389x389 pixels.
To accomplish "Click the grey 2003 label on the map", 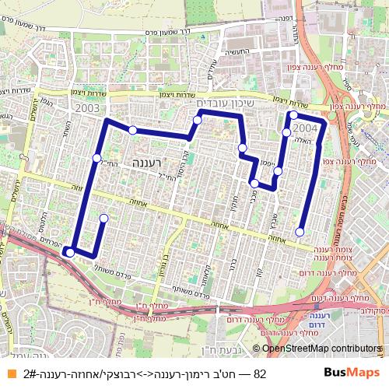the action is tap(88, 108).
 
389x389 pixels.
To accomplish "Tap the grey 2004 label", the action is tap(304, 126).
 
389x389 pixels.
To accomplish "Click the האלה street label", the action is tap(303, 142).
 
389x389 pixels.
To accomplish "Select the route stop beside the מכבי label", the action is tap(254, 184).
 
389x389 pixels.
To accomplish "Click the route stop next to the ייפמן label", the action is tap(278, 170).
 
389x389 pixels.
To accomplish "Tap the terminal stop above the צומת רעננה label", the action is tap(300, 232).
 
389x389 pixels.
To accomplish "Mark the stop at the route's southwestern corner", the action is tap(69, 251).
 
